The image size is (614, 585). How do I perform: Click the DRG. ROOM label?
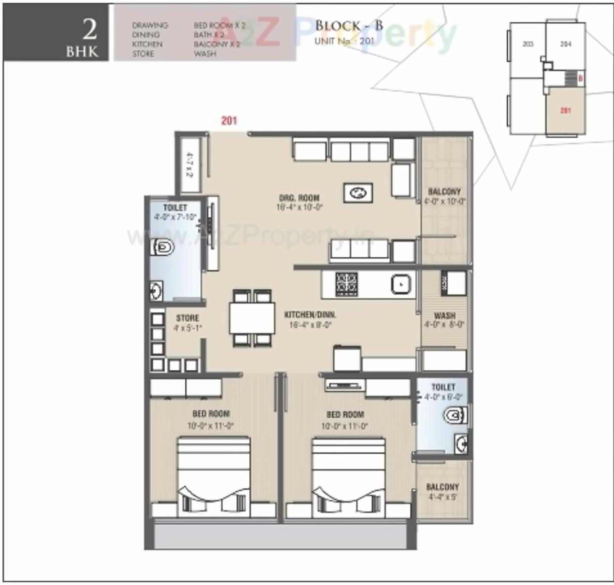point(299,197)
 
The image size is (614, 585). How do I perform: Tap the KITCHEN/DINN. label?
point(310,314)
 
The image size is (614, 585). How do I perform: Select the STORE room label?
point(187,318)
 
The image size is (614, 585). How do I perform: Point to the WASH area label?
point(444,315)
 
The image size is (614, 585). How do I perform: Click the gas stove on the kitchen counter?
point(347,284)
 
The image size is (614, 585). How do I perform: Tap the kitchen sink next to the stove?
point(400,284)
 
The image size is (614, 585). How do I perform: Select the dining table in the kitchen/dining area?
point(252,318)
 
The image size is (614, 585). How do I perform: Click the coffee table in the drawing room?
point(358,193)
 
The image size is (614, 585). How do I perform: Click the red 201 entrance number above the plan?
point(229,120)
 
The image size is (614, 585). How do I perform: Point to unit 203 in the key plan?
point(527,44)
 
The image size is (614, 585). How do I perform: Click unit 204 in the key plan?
point(566,44)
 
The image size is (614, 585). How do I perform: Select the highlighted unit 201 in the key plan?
point(566,111)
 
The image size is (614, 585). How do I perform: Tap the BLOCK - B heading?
point(349,26)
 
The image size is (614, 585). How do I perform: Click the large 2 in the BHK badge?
point(89,29)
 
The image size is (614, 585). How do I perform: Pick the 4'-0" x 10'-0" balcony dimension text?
point(444,201)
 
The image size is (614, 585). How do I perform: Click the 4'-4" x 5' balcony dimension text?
point(442,497)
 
